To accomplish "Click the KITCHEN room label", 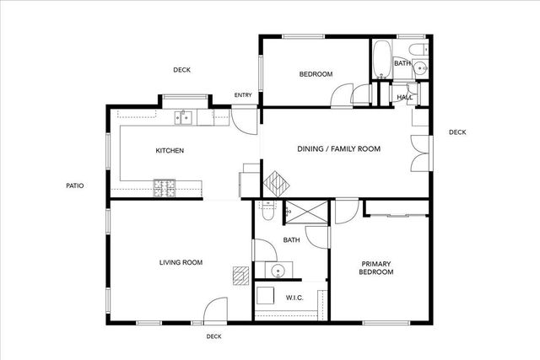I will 170,151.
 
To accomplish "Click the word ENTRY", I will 243,95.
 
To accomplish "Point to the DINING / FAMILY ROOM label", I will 338,149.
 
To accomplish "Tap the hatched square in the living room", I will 241,274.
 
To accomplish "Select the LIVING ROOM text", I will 181,263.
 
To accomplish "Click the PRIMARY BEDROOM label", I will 376,268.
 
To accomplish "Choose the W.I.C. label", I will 294,298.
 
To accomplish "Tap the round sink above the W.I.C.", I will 278,271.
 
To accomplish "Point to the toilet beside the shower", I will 267,212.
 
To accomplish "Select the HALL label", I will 404,98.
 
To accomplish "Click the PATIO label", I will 74,186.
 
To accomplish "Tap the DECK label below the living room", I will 213,337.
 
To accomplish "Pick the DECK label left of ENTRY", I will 181,70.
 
